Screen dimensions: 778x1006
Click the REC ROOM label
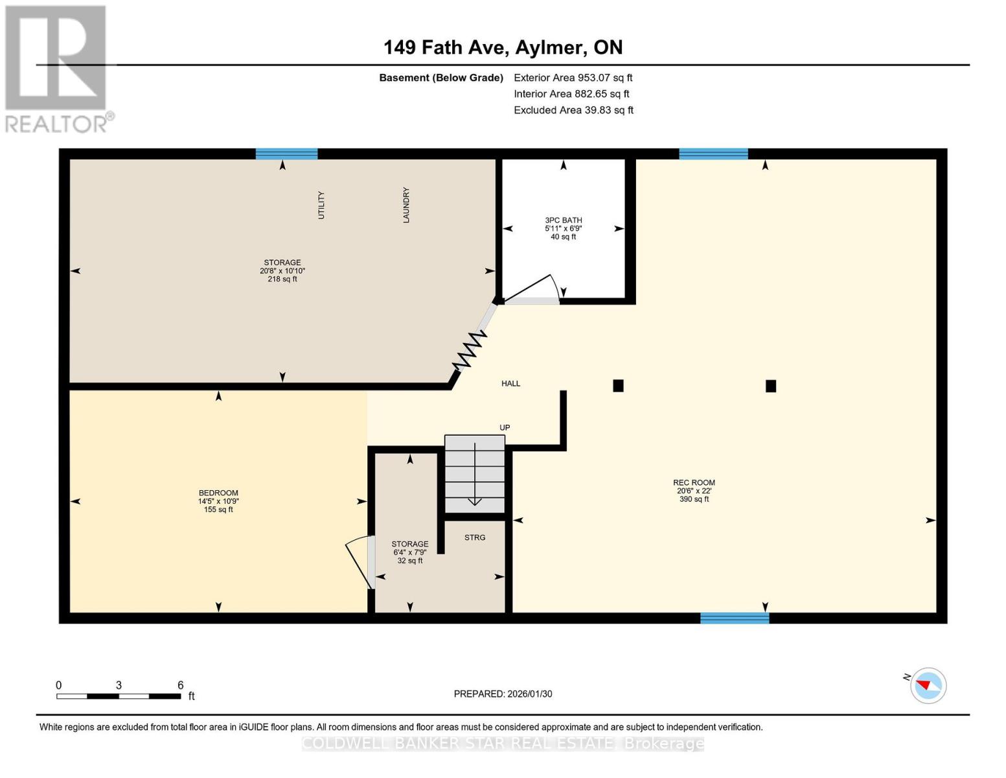click(x=694, y=482)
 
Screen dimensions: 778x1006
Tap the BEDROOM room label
click(x=218, y=493)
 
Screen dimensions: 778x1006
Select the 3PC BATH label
click(x=563, y=220)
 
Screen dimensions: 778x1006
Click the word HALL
click(x=510, y=384)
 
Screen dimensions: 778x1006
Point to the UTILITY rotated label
click(x=321, y=205)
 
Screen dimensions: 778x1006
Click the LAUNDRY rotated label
click(x=406, y=205)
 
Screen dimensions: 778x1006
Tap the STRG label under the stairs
click(x=475, y=537)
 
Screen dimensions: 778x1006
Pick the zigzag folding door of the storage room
click(x=470, y=351)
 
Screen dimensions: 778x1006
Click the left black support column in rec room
click(x=618, y=386)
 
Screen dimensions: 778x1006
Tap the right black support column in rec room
click(x=771, y=386)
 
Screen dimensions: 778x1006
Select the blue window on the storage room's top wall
click(x=286, y=154)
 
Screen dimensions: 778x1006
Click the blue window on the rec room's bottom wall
click(x=735, y=618)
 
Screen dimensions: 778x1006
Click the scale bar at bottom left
click(x=119, y=696)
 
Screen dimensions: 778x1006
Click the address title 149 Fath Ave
click(x=503, y=47)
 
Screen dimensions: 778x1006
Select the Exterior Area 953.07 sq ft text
click(x=573, y=78)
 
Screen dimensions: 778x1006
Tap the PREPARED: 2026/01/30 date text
click(x=503, y=694)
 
